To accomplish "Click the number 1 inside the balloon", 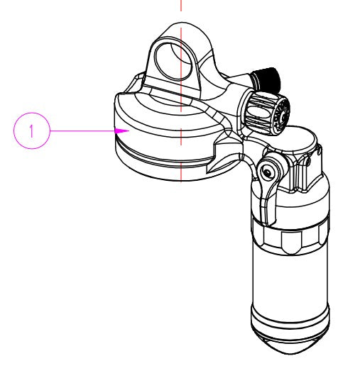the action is [x=31, y=131].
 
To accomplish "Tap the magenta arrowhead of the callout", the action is [x=122, y=131].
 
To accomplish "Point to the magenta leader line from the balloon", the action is [x=82, y=131].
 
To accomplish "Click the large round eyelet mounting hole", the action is [x=174, y=61].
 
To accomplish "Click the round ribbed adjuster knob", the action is [x=268, y=111].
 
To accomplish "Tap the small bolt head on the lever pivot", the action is [x=267, y=172].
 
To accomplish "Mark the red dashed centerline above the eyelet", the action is [x=181, y=5].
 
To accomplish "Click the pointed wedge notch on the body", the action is [x=223, y=159].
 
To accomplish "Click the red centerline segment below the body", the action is [x=181, y=172].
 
